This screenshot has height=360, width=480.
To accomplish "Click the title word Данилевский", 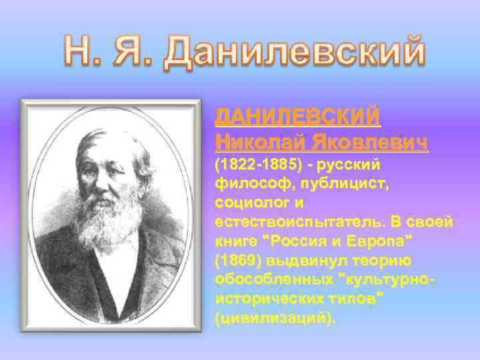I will [295, 52].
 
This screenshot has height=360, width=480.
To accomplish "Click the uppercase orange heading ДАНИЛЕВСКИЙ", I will [297, 117].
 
